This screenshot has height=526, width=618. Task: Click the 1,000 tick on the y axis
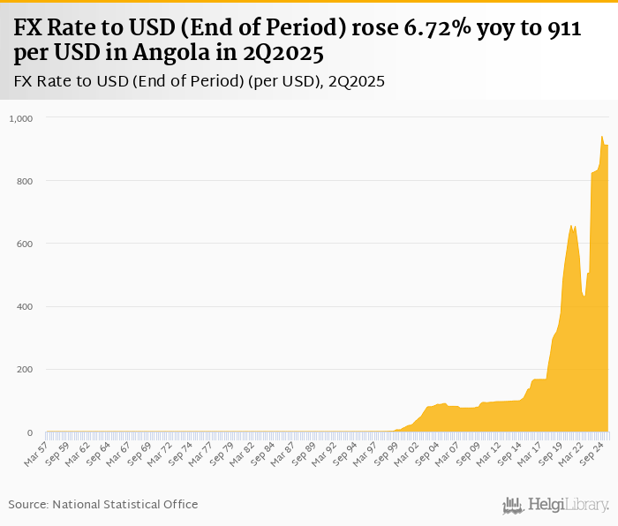point(20,117)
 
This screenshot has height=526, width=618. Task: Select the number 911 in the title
point(561,29)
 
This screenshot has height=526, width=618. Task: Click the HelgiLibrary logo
point(556,505)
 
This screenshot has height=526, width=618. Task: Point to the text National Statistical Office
point(125,504)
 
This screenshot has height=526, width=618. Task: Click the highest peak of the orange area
point(601,136)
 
